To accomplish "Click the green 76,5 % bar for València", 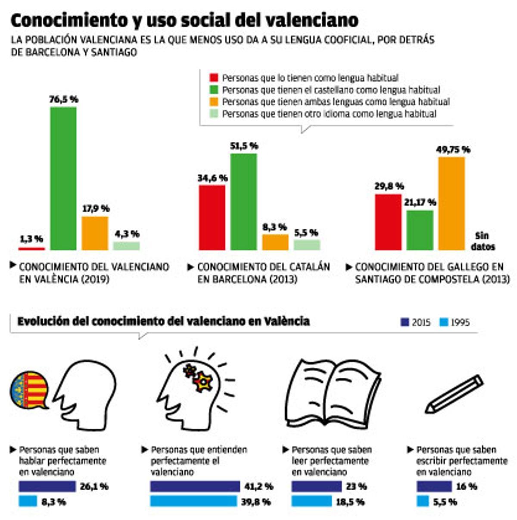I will (63, 178).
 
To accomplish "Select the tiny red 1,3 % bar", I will (31, 249).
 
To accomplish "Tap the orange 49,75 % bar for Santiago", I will (452, 204).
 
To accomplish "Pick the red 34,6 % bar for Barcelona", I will (212, 218).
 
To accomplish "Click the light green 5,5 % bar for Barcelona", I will (307, 245).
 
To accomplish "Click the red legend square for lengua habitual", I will (214, 78).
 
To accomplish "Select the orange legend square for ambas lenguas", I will (214, 102).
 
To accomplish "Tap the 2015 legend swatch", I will (405, 322).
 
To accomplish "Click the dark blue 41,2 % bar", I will (195, 486).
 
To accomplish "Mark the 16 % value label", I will (467, 486).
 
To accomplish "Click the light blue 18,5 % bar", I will (312, 501).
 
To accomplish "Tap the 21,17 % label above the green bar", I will (420, 202).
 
